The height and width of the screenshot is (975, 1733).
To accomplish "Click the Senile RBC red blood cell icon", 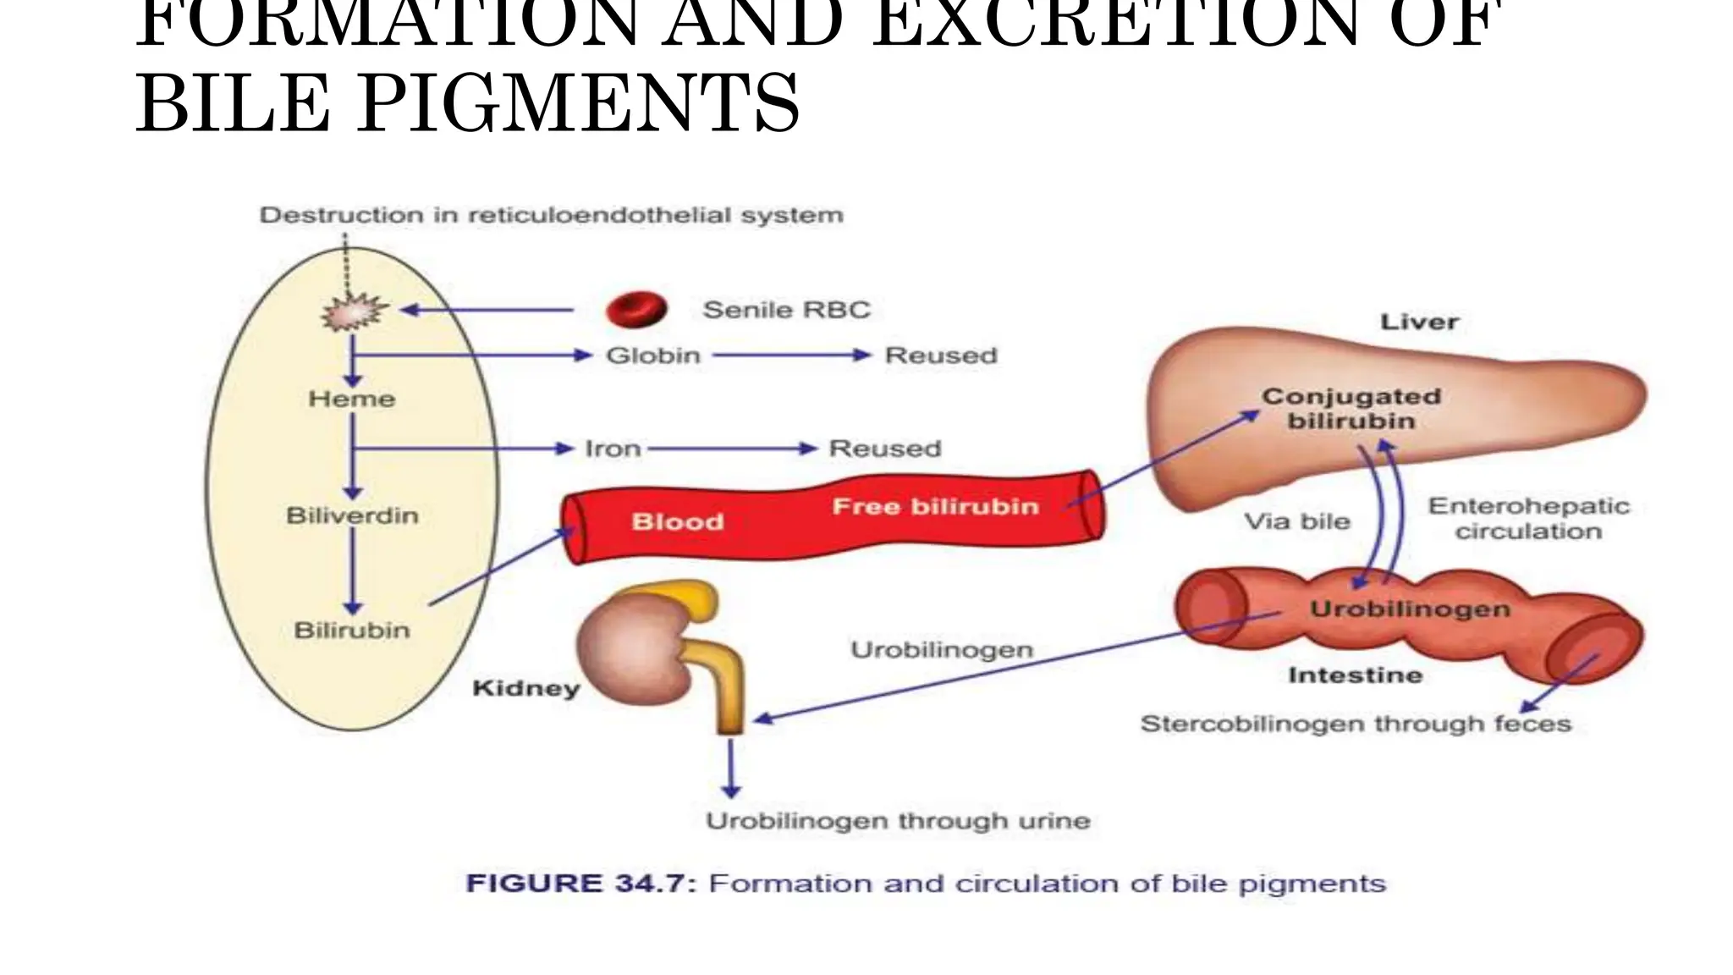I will pos(636,310).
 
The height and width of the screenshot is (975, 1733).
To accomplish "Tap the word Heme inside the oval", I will pos(352,399).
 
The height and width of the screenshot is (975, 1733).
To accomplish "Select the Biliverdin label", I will pos(352,515).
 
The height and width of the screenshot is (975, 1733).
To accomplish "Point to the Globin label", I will pos(653,355).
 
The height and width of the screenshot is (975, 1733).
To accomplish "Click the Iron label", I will pos(613,449).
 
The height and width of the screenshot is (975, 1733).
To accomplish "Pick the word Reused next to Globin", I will pos(941,355).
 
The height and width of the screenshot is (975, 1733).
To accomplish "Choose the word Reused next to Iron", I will pos(885,449).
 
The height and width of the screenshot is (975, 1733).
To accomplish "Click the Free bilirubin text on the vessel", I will pos(935,507).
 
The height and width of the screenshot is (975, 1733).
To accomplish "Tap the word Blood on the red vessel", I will pos(678,522).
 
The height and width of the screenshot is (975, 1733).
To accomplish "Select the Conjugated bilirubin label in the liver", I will pos(1351,409).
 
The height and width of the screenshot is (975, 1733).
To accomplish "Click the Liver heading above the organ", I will pos(1419,322).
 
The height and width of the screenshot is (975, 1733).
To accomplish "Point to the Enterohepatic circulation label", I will pos(1528,519).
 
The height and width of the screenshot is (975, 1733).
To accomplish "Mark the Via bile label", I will pos(1296,521).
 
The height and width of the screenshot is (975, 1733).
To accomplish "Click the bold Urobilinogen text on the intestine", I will pos(1410,609).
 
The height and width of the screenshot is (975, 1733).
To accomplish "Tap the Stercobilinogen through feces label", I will pos(1356,724).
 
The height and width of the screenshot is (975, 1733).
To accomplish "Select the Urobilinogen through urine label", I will pos(898,821).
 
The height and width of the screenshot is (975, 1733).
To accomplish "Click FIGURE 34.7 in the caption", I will pos(581,884).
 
